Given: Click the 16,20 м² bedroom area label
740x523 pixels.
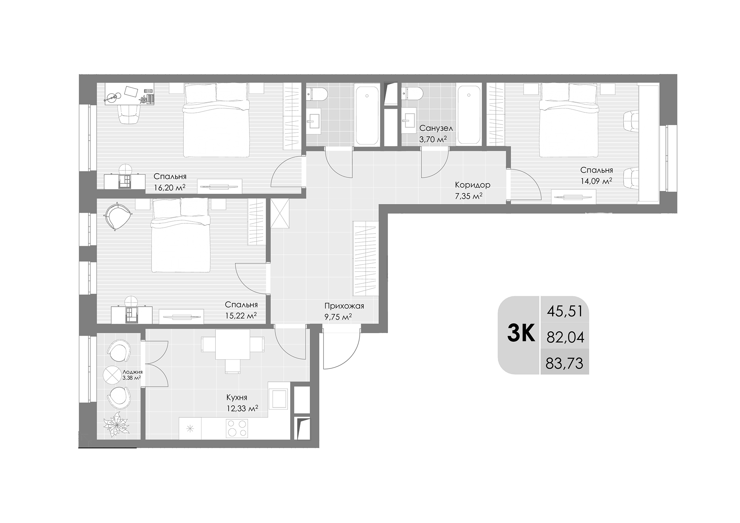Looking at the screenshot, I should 169,188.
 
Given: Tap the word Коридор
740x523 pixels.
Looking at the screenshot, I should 472,185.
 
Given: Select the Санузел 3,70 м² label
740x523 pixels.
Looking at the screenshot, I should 436,134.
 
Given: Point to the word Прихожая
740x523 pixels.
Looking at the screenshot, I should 344,306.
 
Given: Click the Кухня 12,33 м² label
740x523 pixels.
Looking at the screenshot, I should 242,403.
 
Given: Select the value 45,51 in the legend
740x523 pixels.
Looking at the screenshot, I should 565,311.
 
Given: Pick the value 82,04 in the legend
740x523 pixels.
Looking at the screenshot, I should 565,337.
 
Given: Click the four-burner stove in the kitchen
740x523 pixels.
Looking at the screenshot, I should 237,429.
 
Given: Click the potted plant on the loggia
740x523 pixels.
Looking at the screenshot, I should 116,424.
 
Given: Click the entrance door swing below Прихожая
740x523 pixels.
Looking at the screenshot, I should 340,350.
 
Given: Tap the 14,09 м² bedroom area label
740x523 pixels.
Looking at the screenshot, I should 596,181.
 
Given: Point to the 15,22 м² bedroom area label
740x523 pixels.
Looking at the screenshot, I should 241,316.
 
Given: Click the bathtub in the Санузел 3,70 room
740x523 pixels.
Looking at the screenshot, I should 468,114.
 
